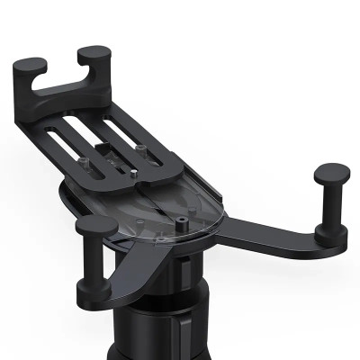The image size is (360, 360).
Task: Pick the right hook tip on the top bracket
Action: point(94,55)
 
